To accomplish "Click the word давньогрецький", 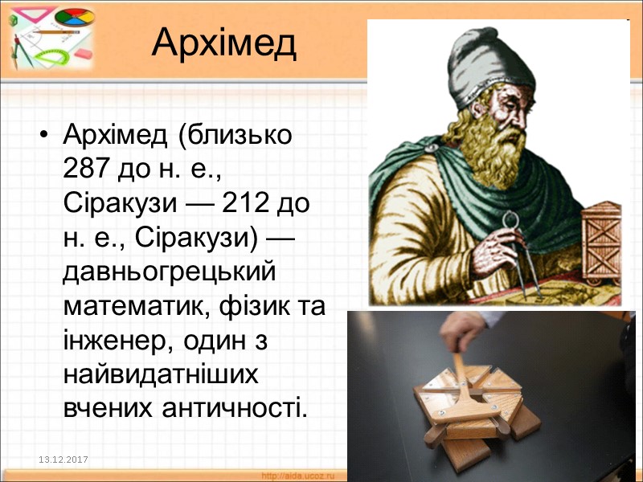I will pos(169,272).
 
